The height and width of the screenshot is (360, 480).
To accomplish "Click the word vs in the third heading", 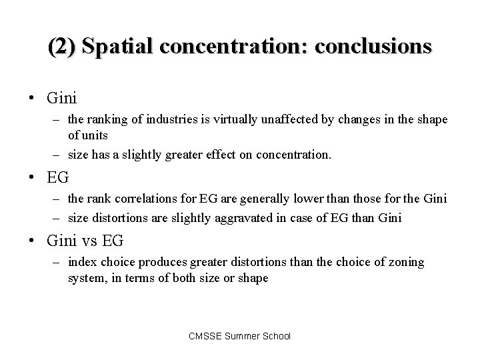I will tap(91, 241).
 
